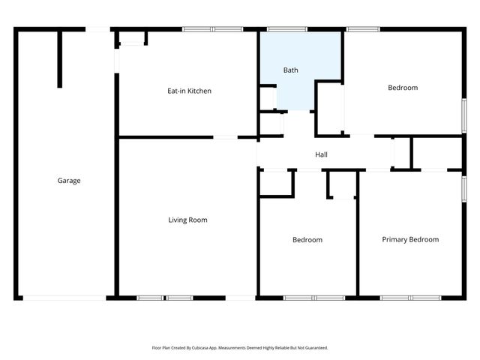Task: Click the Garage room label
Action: [69, 180]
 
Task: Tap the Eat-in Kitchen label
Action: [189, 91]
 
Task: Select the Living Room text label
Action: [187, 220]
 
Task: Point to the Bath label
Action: [291, 70]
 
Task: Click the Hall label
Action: [321, 154]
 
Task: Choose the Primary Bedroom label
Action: [410, 239]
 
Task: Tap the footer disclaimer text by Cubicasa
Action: [240, 348]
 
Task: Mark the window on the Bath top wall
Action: [282, 30]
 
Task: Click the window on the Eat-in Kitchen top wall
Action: [212, 30]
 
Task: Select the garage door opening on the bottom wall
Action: [65, 298]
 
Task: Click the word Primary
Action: [395, 239]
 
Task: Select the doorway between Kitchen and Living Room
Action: [226, 137]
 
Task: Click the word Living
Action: [177, 220]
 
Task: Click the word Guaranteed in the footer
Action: [313, 348]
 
